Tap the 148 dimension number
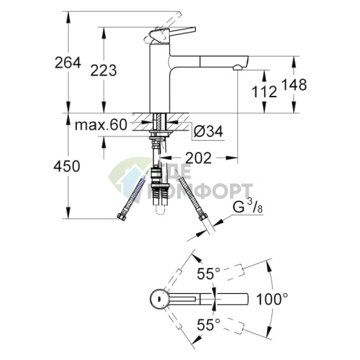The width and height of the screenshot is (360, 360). pyautogui.click(x=293, y=84)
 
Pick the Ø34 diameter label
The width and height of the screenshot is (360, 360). pyautogui.click(x=208, y=131)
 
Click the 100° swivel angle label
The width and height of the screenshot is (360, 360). pyautogui.click(x=271, y=298)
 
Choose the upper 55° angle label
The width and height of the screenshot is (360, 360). pyautogui.click(x=208, y=274)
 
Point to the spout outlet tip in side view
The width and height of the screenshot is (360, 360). pyautogui.click(x=237, y=67)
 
